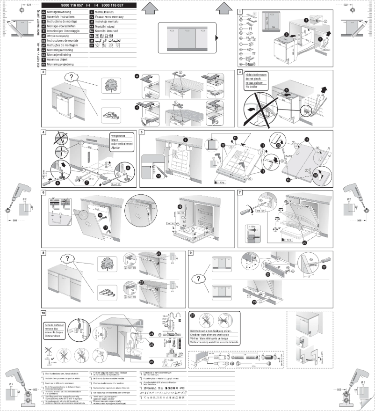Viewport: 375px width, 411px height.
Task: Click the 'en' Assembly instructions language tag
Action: (44, 15)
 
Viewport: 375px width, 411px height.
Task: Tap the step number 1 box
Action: (240, 11)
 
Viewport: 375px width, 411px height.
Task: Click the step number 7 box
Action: (240, 192)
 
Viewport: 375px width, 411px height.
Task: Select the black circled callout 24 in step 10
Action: (152, 334)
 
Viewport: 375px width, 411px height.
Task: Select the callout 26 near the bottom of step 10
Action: (152, 361)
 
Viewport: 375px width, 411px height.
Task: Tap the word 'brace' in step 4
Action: (115, 140)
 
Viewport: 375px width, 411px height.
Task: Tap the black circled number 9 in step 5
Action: (185, 139)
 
